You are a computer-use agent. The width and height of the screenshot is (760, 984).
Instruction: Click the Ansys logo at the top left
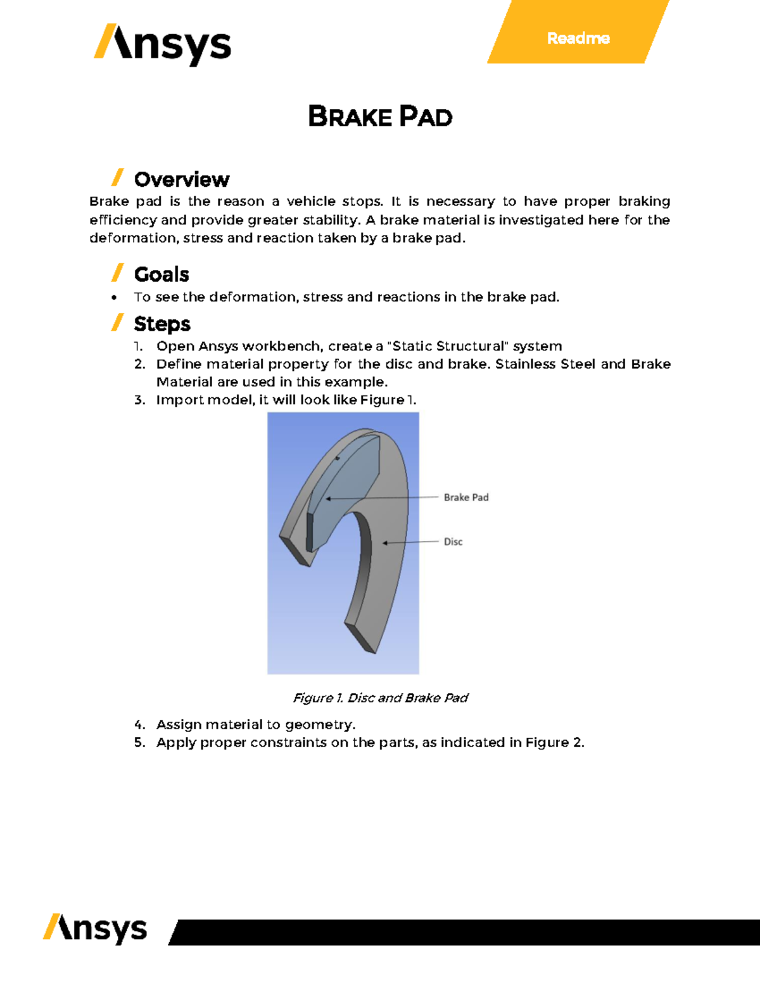[163, 44]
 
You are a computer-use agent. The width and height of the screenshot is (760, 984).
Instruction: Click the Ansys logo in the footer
[95, 929]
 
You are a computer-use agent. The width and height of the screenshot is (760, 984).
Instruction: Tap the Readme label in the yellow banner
[578, 39]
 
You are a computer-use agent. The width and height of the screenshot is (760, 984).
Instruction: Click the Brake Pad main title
[380, 117]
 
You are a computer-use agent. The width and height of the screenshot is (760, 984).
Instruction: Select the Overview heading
[182, 179]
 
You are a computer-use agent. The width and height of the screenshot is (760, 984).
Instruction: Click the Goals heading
[161, 274]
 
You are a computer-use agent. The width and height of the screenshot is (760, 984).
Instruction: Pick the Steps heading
[162, 324]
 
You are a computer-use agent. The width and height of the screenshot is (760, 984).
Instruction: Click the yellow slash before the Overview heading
[117, 177]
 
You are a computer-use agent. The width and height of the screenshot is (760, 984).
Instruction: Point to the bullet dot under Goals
[114, 297]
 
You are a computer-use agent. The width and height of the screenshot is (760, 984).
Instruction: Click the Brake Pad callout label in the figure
[466, 497]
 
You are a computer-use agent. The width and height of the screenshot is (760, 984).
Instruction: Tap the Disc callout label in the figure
[453, 542]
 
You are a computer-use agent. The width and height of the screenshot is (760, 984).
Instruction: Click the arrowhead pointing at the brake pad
[328, 499]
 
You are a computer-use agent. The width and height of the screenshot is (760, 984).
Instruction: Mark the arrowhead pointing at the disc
[385, 543]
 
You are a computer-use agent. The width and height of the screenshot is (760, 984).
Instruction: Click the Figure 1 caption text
[380, 698]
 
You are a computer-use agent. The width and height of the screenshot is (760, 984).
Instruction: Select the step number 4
[139, 724]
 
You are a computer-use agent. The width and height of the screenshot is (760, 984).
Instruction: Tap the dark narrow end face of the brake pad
[310, 532]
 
